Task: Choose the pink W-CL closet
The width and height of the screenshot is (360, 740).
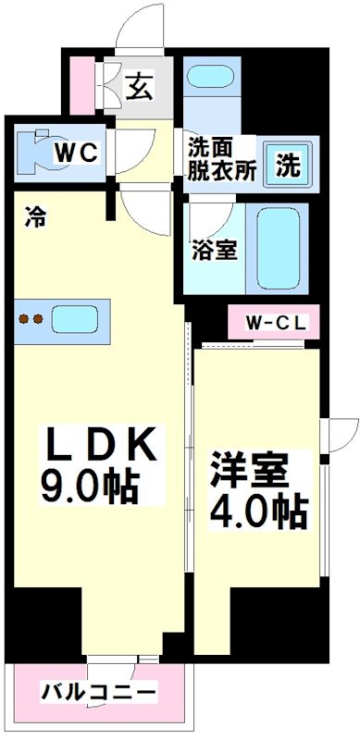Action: click(x=274, y=324)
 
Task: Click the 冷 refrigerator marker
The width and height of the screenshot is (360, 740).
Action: click(x=35, y=218)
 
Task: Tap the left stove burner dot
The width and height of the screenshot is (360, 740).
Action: click(x=24, y=321)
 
